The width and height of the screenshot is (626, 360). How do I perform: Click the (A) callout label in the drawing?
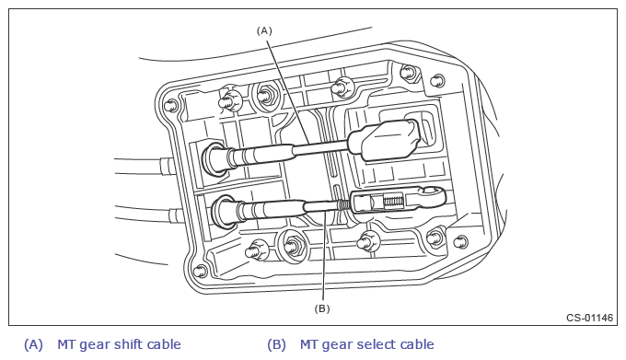[x=264, y=30]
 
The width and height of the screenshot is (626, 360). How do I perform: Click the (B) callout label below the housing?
[x=322, y=308]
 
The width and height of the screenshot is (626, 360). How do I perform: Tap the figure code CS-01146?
[x=590, y=318]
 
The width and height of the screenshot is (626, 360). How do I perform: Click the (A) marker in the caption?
[x=33, y=345]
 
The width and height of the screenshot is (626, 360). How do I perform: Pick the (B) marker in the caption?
[x=277, y=345]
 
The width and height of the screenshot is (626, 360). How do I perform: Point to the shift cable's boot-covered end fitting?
[x=384, y=140]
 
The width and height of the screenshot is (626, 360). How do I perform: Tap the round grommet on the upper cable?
[x=214, y=157]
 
